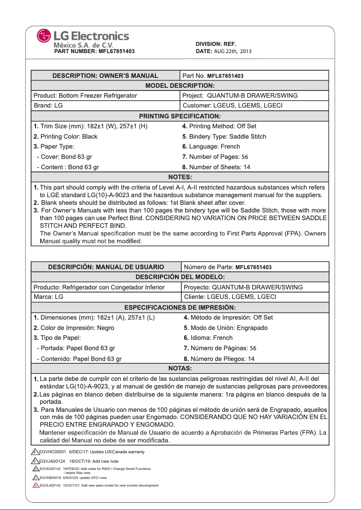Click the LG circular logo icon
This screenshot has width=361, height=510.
[x=45, y=36]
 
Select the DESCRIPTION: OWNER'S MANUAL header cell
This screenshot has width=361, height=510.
[x=105, y=76]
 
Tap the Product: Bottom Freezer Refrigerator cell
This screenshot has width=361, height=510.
[x=86, y=95]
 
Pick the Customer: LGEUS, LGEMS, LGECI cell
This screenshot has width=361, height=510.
[x=232, y=106]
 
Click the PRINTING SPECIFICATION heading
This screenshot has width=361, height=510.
[x=180, y=116]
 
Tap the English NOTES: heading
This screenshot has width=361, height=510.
[x=180, y=177]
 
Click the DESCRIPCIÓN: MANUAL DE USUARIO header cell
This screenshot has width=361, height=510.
[x=106, y=267]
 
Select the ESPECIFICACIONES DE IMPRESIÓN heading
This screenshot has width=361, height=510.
[x=180, y=307]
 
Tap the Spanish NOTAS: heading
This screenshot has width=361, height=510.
[x=180, y=369]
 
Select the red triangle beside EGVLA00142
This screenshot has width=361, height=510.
[x=35, y=486]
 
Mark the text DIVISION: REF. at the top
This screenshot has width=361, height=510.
[x=216, y=44]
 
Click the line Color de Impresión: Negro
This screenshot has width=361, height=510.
[x=74, y=328]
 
